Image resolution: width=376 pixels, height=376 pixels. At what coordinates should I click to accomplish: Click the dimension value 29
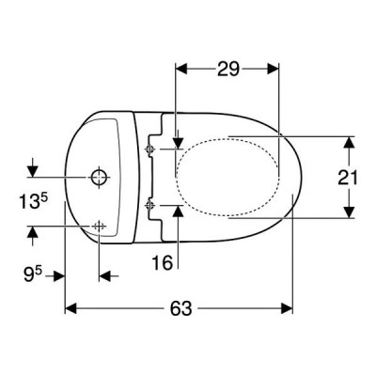click(228, 69)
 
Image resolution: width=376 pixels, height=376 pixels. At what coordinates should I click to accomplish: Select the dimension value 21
click(348, 178)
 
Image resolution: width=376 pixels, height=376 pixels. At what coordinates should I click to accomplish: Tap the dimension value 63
click(180, 308)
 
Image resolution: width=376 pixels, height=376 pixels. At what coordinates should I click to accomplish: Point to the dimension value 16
click(163, 262)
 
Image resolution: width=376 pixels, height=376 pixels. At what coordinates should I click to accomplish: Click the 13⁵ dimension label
click(33, 201)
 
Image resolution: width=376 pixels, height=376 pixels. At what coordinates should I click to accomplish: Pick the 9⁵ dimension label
click(33, 274)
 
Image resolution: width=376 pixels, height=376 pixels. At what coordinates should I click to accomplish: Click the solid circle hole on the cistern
click(99, 178)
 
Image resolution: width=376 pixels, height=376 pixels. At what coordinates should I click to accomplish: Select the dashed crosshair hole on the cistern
click(99, 226)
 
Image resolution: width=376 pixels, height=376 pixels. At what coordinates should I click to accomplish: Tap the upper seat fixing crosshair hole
click(149, 149)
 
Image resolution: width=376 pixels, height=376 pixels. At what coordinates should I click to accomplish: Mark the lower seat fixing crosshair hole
click(149, 205)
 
